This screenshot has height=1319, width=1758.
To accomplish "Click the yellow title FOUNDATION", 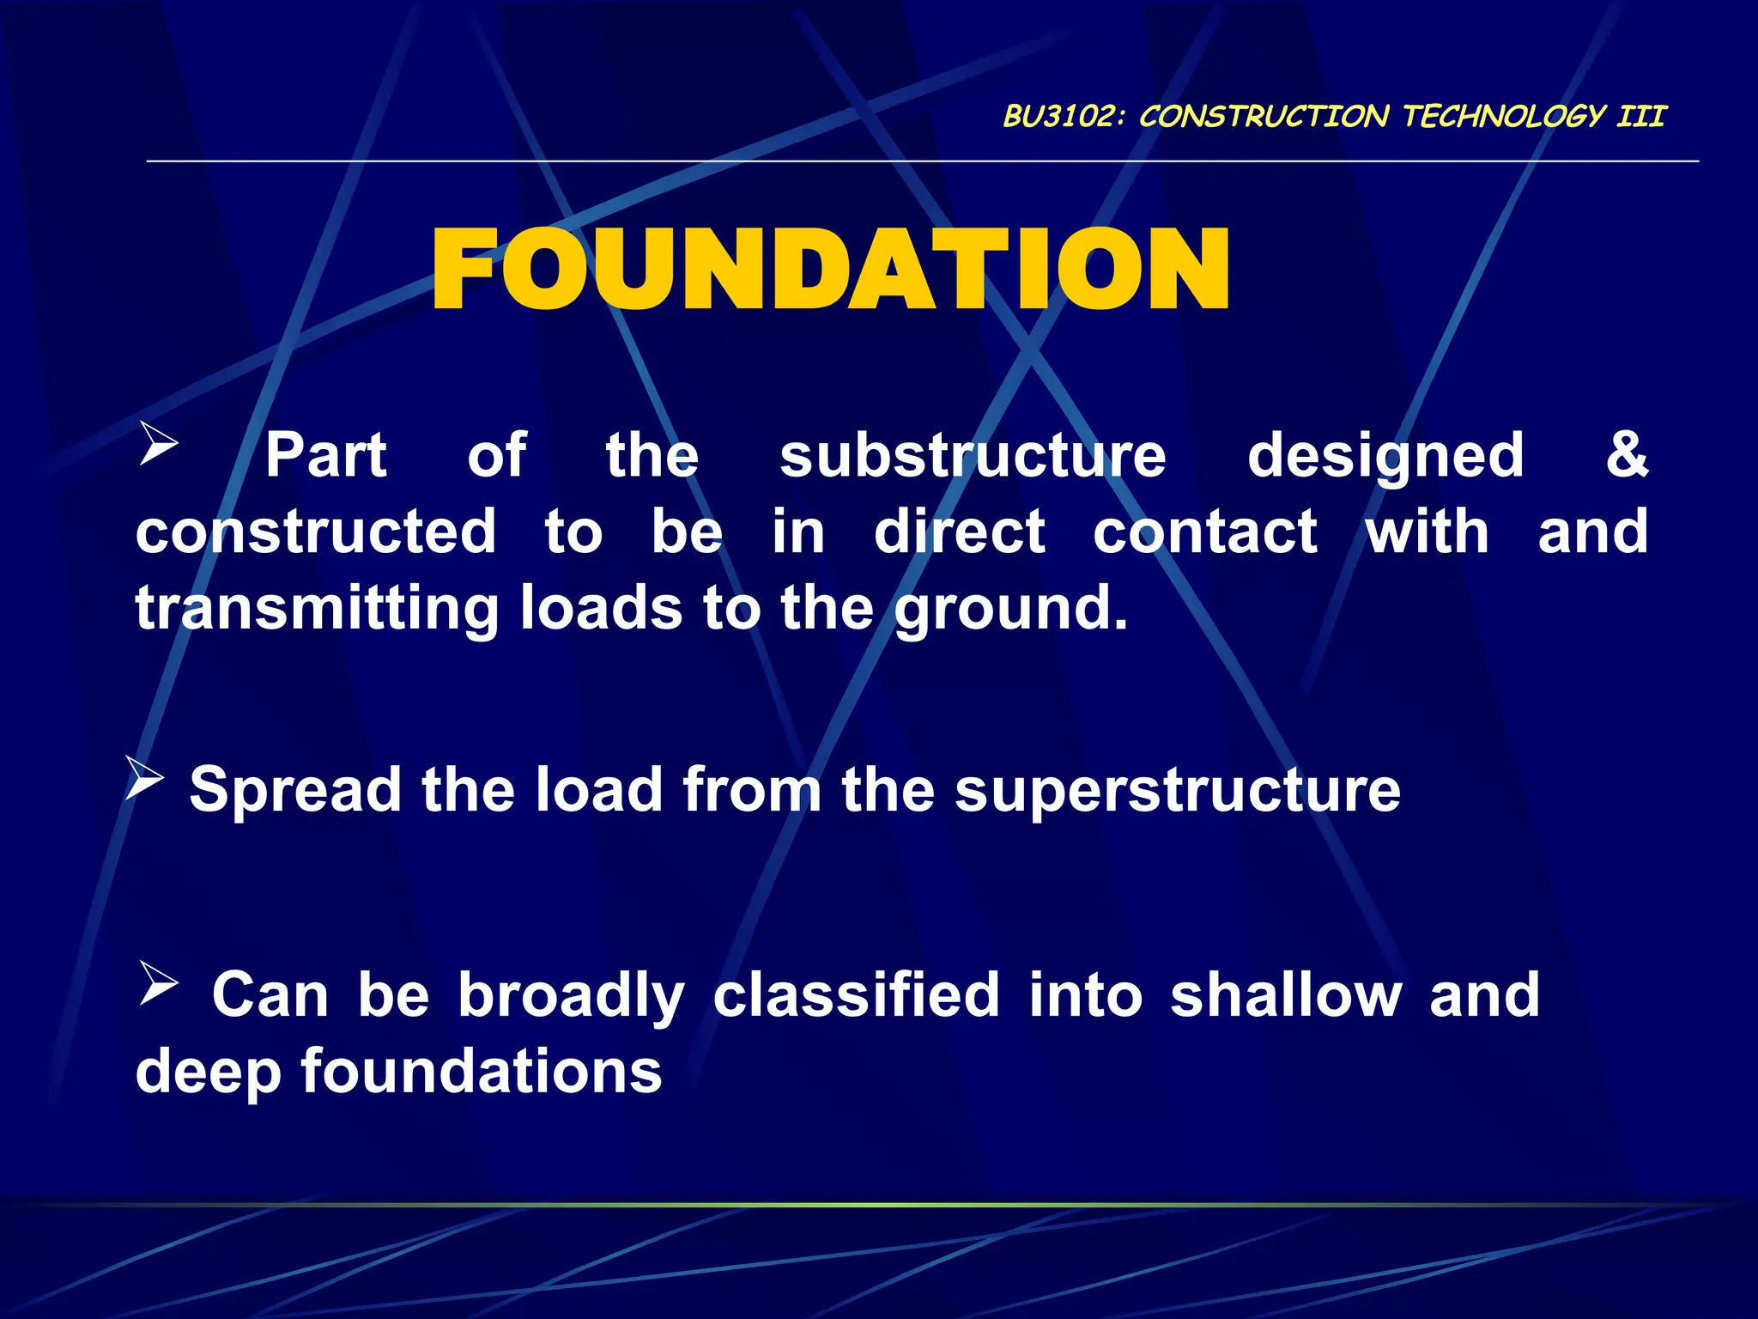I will [x=831, y=270].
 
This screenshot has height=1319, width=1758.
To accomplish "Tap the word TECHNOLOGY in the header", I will [x=1504, y=116].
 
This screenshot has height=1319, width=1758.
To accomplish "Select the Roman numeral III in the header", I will [x=1640, y=116].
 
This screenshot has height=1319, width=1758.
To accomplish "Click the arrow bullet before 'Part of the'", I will [x=159, y=445].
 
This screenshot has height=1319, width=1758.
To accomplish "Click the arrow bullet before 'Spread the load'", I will [x=144, y=777].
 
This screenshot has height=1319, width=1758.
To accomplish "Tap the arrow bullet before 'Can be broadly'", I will [x=159, y=984].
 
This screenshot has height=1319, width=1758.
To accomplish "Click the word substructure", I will [x=973, y=456].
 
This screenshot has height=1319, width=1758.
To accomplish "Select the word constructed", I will [x=316, y=532].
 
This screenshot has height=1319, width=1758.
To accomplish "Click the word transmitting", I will [x=317, y=609].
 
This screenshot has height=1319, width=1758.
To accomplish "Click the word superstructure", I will [x=1177, y=791].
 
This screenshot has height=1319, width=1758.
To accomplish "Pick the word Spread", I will [x=295, y=791].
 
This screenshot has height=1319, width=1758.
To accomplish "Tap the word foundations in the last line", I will [x=482, y=1072].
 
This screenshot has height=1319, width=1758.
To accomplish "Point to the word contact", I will [x=1204, y=532].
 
